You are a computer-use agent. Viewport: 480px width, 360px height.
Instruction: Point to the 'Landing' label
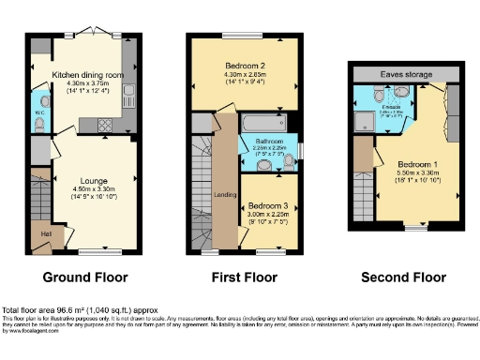(x=226, y=195)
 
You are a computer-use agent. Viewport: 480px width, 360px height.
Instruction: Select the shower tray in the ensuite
(x=363, y=119)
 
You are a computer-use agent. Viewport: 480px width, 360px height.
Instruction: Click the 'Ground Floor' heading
(x=84, y=277)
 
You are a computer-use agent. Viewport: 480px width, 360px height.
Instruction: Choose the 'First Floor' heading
(x=242, y=277)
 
